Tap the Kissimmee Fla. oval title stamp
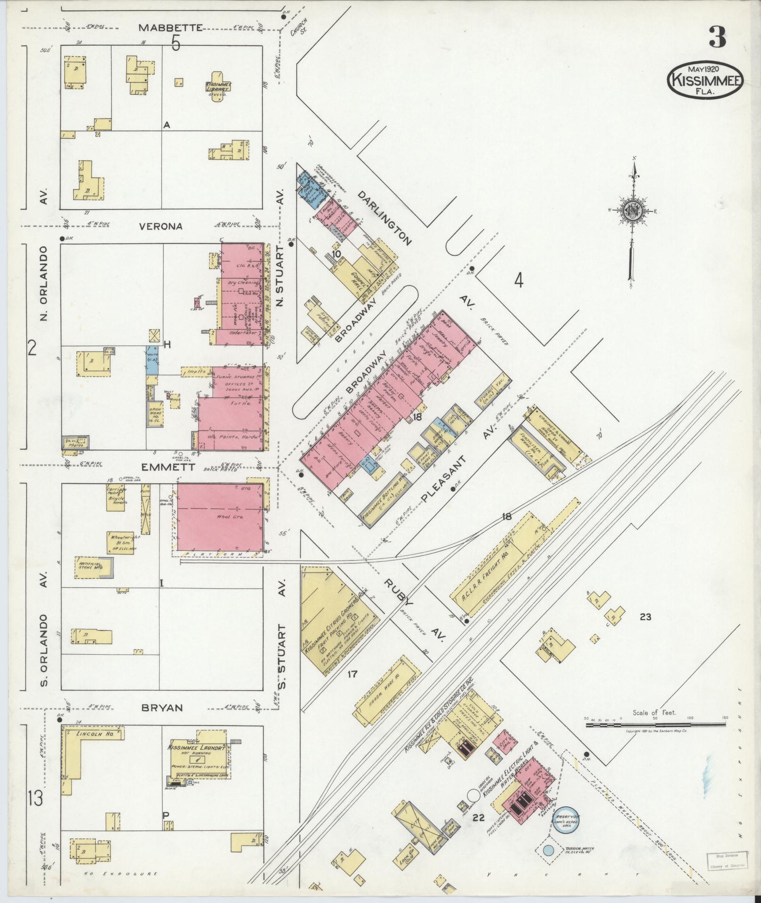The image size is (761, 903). tap(705, 81)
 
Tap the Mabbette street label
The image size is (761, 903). tap(170, 28)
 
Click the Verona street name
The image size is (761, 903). tap(160, 226)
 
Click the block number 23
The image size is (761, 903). tap(645, 617)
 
